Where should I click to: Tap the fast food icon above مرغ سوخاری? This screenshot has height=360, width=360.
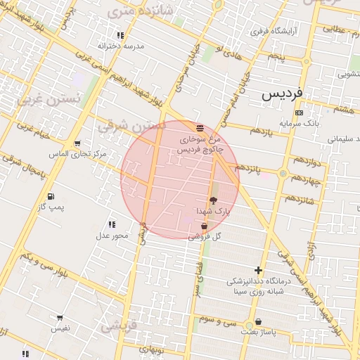(200, 128)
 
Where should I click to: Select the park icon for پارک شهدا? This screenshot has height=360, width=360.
(213, 201)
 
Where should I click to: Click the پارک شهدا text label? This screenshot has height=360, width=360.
(213, 211)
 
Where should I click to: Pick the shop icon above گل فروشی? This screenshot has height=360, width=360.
(204, 226)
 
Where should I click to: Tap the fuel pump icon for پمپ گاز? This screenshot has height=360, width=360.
(50, 197)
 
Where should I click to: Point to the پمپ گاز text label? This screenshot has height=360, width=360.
(51, 207)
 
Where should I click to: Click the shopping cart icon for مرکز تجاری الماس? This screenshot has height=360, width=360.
(77, 143)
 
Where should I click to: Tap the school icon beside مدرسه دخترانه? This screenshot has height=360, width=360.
(120, 35)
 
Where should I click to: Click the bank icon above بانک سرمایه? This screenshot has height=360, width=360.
(299, 112)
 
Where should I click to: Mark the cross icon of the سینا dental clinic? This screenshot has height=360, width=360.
(259, 270)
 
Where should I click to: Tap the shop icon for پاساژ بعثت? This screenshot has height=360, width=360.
(259, 322)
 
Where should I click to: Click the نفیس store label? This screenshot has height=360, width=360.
(59, 328)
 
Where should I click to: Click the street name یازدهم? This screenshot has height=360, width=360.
(261, 131)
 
